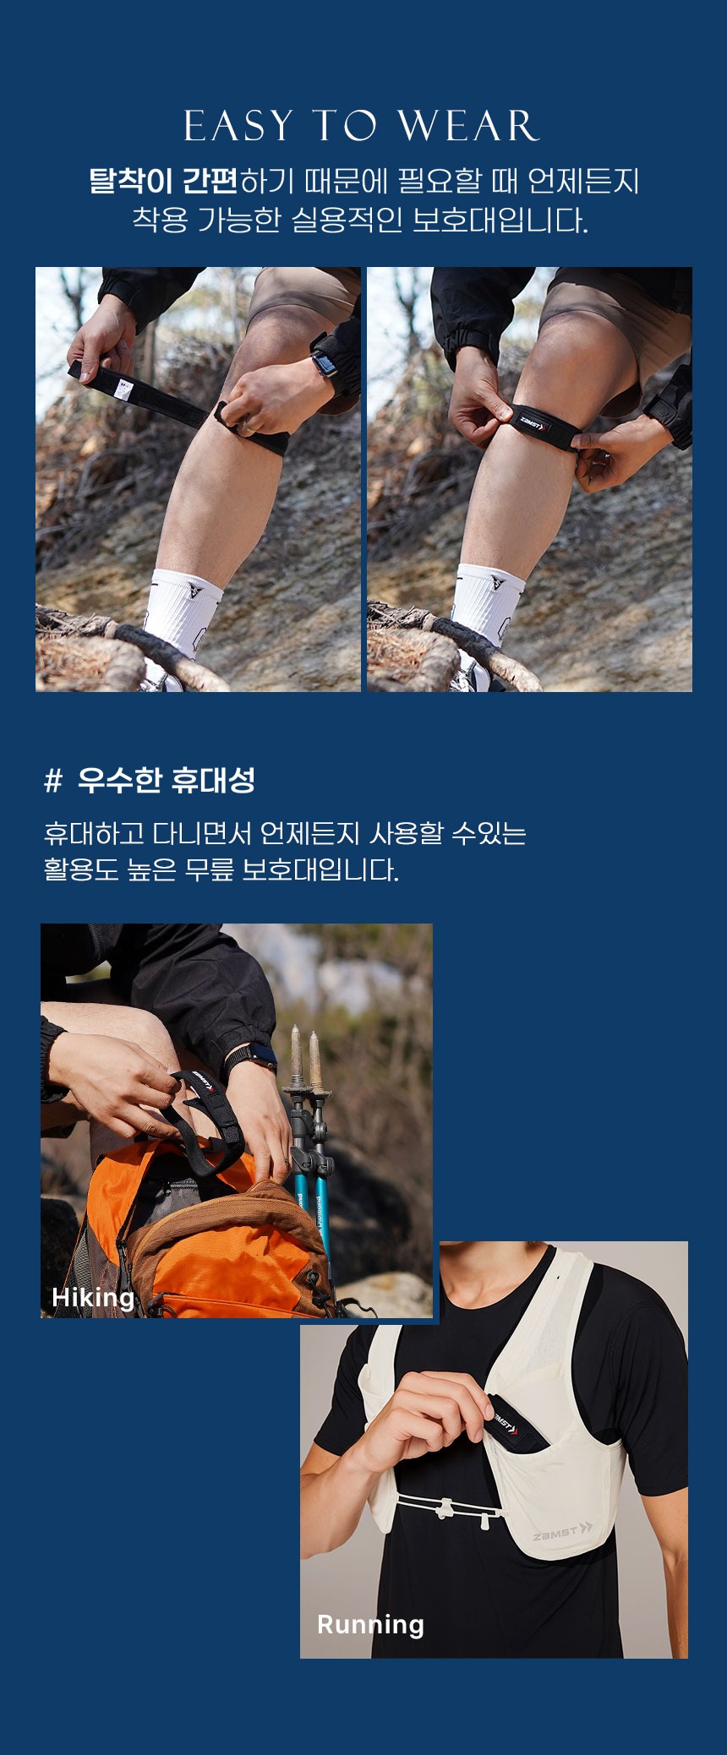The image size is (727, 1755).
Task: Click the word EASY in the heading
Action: click(238, 126)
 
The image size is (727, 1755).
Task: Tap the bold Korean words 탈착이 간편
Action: click(164, 181)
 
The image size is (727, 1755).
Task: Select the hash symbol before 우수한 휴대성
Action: click(53, 781)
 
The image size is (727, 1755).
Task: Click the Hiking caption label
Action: click(93, 1297)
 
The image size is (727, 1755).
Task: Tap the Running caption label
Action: click(370, 1624)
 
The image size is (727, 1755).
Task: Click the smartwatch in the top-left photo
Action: click(323, 361)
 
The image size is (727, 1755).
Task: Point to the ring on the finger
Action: click(244, 426)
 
